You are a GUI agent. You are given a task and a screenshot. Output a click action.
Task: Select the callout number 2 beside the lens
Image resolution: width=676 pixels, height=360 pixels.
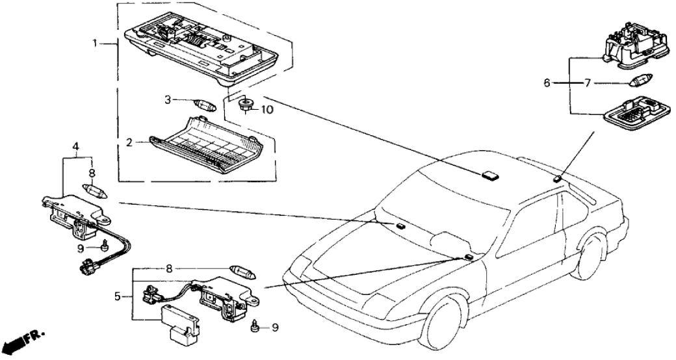130,142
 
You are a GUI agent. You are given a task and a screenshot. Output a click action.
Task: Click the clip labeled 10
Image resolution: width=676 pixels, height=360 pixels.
246,105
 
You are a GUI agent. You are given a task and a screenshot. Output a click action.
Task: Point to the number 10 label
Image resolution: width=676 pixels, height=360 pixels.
267,110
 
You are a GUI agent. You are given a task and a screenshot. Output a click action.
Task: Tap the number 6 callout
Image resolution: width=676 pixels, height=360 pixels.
547,84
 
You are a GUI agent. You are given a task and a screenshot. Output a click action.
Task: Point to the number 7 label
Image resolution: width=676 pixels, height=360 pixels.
588,84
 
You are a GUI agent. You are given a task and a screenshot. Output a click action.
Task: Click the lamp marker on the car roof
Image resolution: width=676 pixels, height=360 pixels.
489,174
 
